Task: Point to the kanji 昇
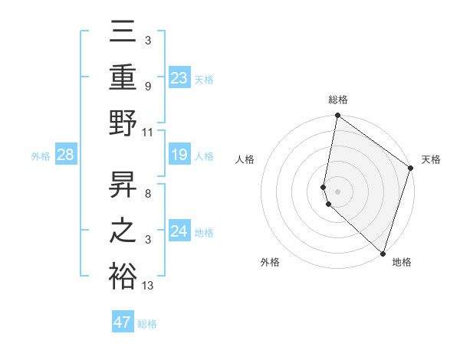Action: (x=123, y=183)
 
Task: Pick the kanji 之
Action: (x=123, y=230)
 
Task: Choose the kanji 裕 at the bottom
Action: (x=123, y=276)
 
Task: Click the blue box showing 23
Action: (x=179, y=77)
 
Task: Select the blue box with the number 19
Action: (x=179, y=155)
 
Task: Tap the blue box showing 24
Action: (x=179, y=231)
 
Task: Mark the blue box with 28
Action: (x=65, y=155)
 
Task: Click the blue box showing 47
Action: (x=123, y=322)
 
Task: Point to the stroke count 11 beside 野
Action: (x=148, y=132)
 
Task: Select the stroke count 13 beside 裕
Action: (x=148, y=286)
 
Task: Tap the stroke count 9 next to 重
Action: (x=147, y=86)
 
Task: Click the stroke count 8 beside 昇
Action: (x=147, y=193)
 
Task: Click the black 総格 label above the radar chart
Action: (x=338, y=100)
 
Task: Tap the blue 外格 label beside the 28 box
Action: (x=41, y=156)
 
